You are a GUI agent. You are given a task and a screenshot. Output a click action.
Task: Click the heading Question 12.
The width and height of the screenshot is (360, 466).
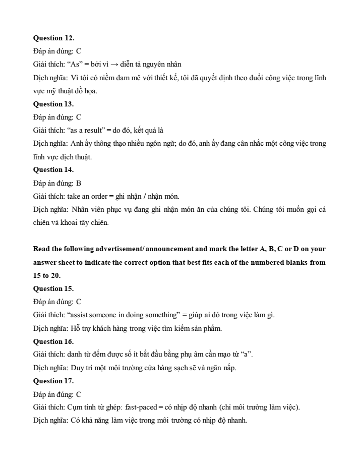[x=53, y=38]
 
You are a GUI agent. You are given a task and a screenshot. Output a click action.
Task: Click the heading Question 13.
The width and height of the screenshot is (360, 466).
[x=53, y=104]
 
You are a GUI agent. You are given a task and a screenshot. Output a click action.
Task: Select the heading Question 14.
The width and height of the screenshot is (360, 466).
[x=53, y=169]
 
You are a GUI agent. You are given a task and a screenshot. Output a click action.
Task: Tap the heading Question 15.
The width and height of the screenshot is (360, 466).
[x=53, y=288]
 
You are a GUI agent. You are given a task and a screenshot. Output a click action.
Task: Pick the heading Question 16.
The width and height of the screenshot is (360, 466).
[x=53, y=341]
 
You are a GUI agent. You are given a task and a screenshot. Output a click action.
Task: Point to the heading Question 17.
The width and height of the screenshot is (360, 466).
[x=53, y=381]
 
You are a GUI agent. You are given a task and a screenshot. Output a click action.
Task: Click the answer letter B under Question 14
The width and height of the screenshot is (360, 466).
[x=79, y=183]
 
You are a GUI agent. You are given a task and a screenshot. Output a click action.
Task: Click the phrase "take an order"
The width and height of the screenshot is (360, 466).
[x=85, y=196]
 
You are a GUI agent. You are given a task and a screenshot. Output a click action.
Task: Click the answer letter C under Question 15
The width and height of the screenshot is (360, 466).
[x=79, y=302]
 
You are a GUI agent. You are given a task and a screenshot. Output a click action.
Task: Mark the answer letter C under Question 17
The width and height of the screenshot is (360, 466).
[x=79, y=394]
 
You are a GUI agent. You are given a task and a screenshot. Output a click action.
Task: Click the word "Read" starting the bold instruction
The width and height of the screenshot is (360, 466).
[x=42, y=249]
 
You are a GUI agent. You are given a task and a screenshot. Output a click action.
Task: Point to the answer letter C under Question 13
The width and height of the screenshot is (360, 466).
[x=79, y=117]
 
